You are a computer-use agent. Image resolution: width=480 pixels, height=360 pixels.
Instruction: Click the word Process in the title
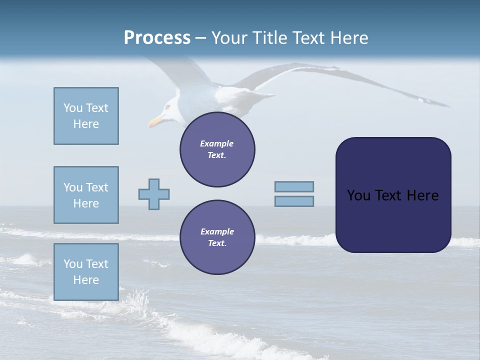pyautogui.click(x=157, y=38)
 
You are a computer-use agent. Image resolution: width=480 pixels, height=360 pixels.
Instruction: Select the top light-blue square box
pyautogui.click(x=86, y=116)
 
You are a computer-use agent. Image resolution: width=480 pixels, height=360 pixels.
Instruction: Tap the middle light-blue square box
pyautogui.click(x=86, y=195)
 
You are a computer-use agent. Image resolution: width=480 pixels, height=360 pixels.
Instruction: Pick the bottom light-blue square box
pyautogui.click(x=86, y=272)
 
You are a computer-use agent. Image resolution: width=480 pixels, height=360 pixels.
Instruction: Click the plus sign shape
pyautogui.click(x=154, y=194)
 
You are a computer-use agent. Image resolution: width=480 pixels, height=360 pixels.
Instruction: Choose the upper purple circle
pyautogui.click(x=217, y=149)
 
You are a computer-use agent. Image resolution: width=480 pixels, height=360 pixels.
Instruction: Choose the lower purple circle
pyautogui.click(x=217, y=237)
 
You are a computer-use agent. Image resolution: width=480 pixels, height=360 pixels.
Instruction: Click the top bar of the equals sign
pyautogui.click(x=294, y=187)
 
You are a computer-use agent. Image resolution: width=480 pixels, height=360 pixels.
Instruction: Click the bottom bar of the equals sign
pyautogui.click(x=294, y=201)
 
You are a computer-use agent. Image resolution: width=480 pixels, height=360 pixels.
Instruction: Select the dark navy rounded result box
pyautogui.click(x=393, y=195)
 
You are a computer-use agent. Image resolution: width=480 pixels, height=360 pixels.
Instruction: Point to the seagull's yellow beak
pyautogui.click(x=156, y=121)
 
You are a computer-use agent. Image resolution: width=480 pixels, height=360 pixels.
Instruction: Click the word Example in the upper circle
pyautogui.click(x=217, y=143)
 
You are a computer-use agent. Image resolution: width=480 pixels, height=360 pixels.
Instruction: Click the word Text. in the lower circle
pyautogui.click(x=217, y=243)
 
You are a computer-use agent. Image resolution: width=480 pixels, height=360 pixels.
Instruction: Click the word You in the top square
pyautogui.click(x=72, y=108)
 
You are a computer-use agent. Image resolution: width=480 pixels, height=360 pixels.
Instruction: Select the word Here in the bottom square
pyautogui.click(x=86, y=280)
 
